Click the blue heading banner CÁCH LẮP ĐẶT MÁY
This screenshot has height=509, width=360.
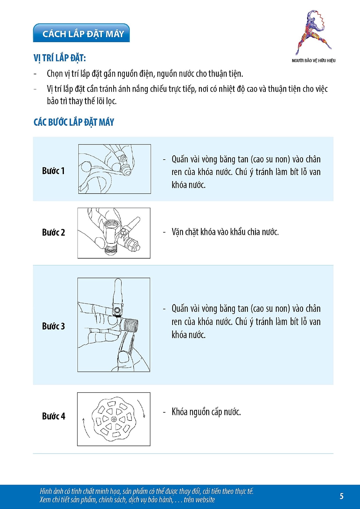[x=81, y=33]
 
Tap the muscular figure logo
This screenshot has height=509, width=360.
[x=313, y=32]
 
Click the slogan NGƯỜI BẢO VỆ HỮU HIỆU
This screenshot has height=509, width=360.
[x=314, y=60]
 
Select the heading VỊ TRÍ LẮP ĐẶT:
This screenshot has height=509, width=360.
[x=60, y=58]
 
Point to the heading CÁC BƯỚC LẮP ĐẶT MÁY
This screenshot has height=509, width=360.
[x=74, y=122]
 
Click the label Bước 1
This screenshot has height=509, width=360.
[x=53, y=171]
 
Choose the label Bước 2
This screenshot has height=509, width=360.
[x=53, y=232]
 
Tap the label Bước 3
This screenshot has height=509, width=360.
[x=53, y=326]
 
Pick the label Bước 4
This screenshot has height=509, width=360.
[x=54, y=416]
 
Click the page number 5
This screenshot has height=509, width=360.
[x=341, y=496]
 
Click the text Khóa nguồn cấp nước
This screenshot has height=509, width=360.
[x=206, y=412]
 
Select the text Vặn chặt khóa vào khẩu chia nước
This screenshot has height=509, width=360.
[x=225, y=232]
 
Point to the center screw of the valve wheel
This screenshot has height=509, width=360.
[x=114, y=419]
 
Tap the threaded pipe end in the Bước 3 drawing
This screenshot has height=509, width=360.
[x=130, y=325]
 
